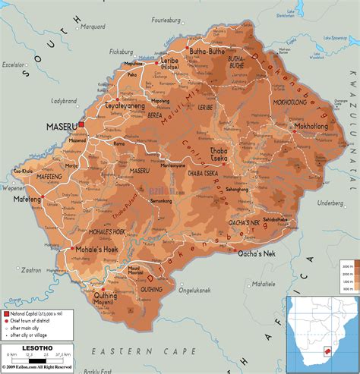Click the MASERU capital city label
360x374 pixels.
pos(59,126)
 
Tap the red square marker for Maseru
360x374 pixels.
pos(80,127)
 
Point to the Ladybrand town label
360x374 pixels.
pos(65,100)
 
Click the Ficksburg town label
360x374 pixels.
pos(121,52)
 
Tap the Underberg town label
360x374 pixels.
pos(331,203)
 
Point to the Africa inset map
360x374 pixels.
pos(320,332)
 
